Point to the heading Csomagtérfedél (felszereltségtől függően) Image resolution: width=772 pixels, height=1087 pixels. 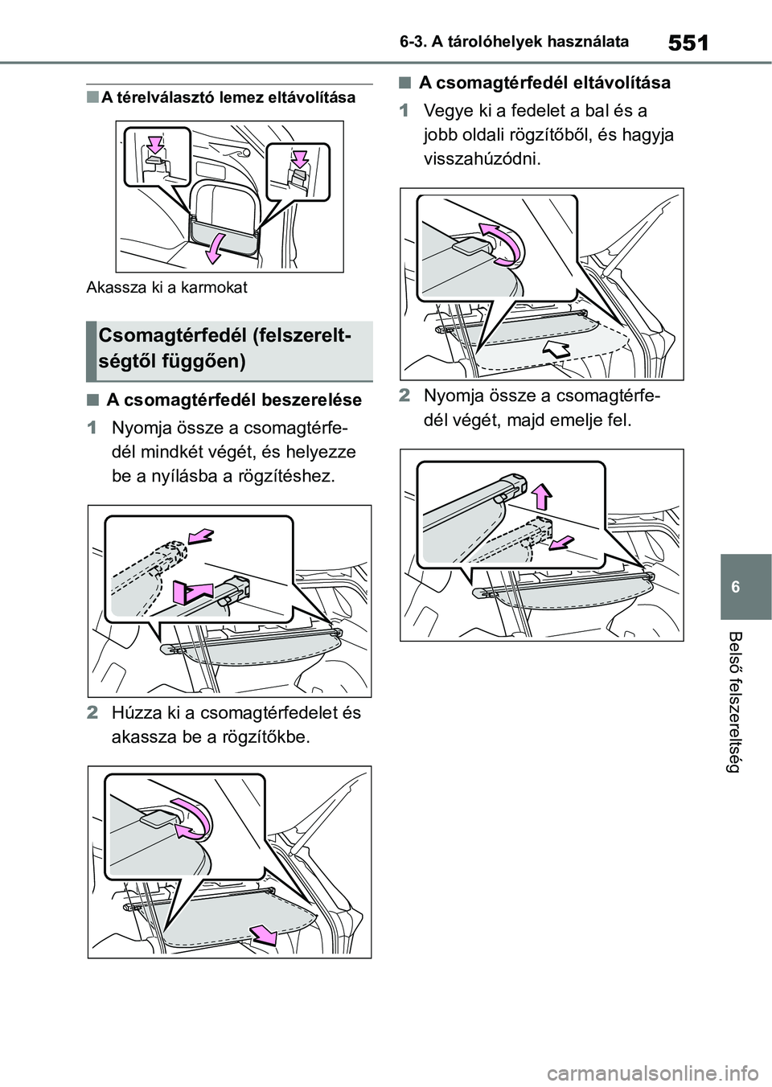click(226, 348)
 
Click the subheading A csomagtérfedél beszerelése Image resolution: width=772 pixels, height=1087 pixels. click(234, 400)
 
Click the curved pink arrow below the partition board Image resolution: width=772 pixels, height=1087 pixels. click(215, 250)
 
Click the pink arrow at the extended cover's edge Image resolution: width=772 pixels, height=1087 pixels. click(263, 935)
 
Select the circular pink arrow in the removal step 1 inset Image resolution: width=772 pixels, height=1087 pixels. click(499, 244)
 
